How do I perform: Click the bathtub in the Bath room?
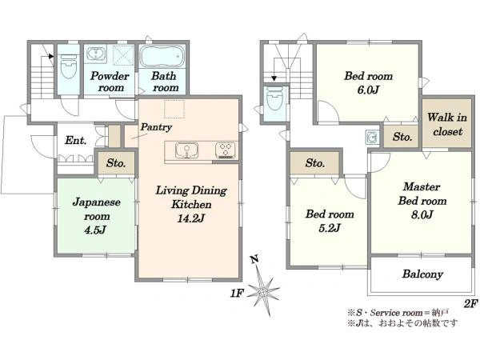(163, 56)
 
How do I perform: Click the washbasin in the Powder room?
(96, 54)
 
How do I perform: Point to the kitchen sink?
(186, 150)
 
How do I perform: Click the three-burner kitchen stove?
(226, 150)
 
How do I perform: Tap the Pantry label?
(156, 126)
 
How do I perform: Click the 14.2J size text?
(191, 218)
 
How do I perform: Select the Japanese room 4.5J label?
(97, 216)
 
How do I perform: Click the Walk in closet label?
(447, 124)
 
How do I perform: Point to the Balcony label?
(422, 274)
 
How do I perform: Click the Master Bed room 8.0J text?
(422, 201)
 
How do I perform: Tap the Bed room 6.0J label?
(369, 82)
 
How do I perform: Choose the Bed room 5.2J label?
(330, 221)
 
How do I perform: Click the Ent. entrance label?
(76, 140)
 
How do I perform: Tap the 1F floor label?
(237, 294)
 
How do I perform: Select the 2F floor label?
(471, 304)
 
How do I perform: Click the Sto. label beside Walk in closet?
(402, 137)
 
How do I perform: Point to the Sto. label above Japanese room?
(116, 163)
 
